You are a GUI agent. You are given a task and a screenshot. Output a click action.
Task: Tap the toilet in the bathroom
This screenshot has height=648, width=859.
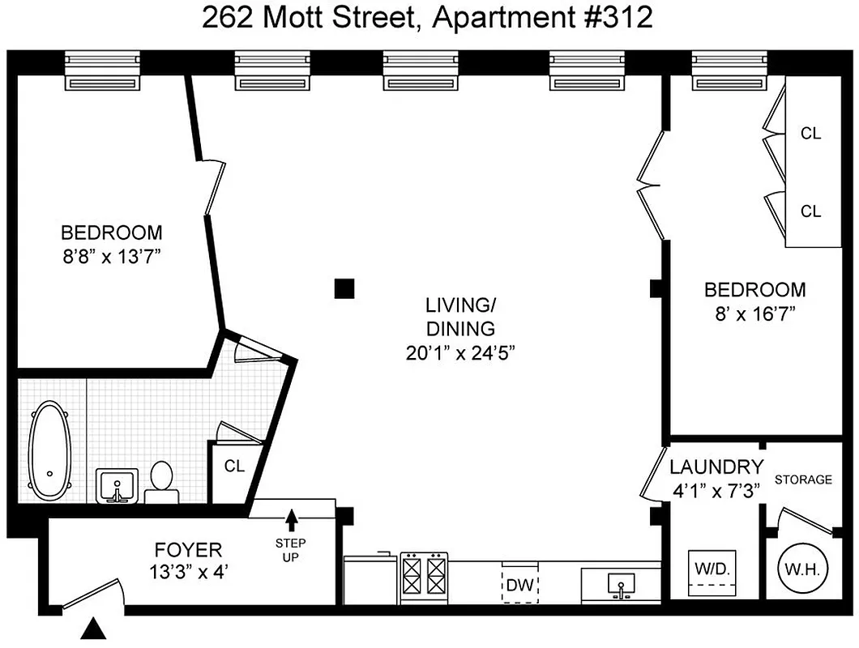click(162, 483)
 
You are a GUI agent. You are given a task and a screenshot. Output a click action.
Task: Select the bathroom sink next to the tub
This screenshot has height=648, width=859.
click(118, 486)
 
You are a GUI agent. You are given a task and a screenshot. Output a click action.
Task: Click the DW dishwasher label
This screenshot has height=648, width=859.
click(518, 584)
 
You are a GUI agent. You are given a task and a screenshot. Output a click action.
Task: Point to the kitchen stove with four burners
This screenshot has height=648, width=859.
click(424, 576)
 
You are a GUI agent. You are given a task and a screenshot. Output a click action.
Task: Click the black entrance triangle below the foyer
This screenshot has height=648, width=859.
click(96, 628)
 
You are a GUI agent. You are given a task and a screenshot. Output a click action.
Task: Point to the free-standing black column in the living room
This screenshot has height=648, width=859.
click(345, 288)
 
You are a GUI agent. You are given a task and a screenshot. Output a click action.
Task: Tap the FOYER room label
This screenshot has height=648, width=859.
click(187, 551)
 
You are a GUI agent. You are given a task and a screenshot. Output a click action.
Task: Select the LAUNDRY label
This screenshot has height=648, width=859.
click(716, 467)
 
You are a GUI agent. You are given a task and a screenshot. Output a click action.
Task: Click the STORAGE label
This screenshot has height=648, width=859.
click(803, 480)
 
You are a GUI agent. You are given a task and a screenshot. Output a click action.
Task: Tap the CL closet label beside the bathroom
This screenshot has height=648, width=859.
click(234, 467)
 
